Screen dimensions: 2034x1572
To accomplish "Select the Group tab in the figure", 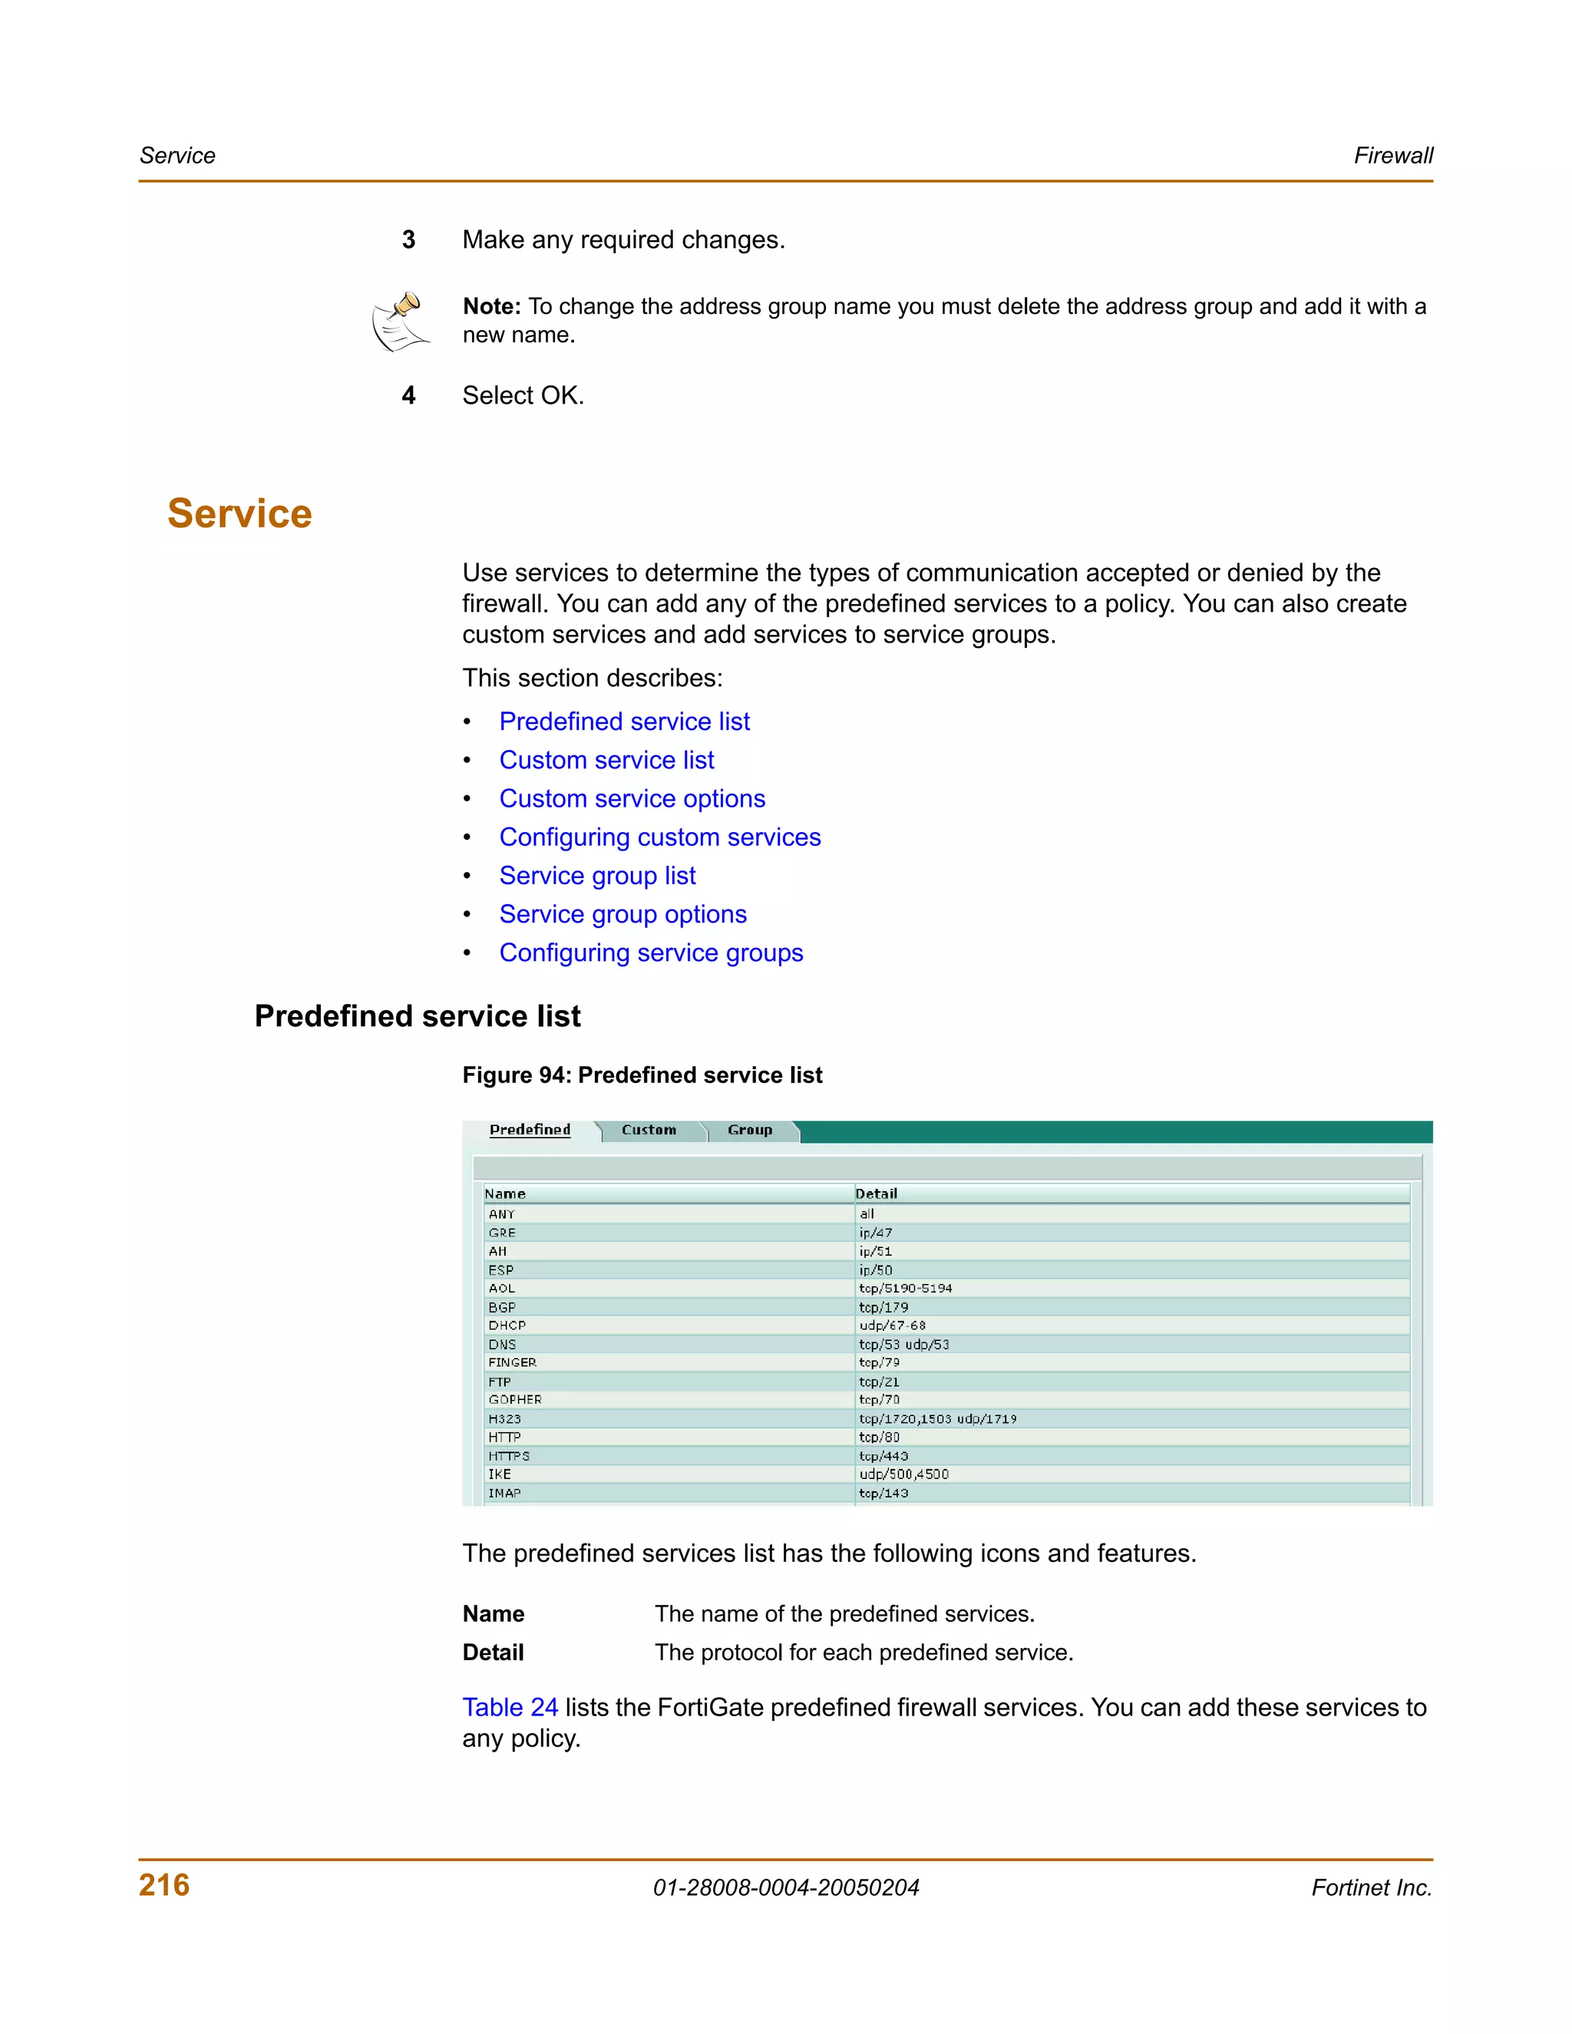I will pos(750,1130).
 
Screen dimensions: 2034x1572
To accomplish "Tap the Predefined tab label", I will pos(530,1130).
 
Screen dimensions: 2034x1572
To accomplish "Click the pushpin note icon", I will pos(401,322).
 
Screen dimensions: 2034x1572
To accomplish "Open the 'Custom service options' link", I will pos(632,799).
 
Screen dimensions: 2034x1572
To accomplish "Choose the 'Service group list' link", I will pos(597,877).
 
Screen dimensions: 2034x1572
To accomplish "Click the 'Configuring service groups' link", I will pos(650,953).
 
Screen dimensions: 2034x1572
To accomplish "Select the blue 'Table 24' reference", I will pos(510,1707).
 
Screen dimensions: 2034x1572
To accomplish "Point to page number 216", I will pos(164,1885).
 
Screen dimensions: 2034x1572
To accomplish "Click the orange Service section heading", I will pos(239,514).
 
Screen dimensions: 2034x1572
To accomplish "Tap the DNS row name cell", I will pos(502,1344).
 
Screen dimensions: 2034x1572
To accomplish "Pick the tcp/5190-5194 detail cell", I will pos(904,1288).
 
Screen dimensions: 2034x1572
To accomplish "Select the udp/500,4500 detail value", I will pos(903,1474).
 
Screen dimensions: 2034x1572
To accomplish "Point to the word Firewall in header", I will pos(1392,156).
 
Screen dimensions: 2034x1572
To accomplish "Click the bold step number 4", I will pos(408,396).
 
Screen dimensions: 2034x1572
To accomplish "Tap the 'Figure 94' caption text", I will pos(642,1075).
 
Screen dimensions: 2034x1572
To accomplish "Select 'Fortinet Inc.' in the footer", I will pos(1371,1888).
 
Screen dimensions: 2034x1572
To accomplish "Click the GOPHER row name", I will pos(514,1400).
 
